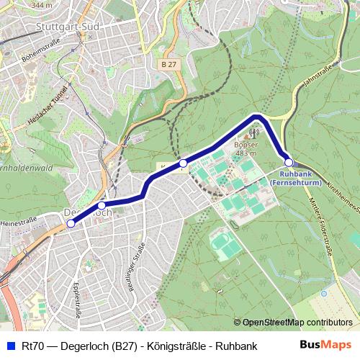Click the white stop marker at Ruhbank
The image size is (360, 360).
coord(289,162)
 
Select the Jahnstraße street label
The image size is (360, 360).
coord(318,75)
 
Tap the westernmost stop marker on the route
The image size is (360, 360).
coord(71,224)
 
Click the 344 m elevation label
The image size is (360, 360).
coord(42,5)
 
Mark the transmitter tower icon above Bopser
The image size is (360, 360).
coord(253,133)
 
